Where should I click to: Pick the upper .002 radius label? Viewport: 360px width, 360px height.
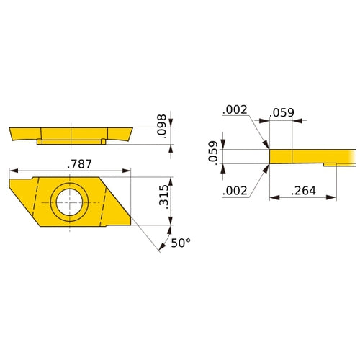click(x=235, y=111)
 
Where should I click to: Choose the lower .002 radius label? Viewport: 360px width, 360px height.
click(x=235, y=190)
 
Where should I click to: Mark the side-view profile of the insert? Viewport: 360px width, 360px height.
click(x=72, y=134)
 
